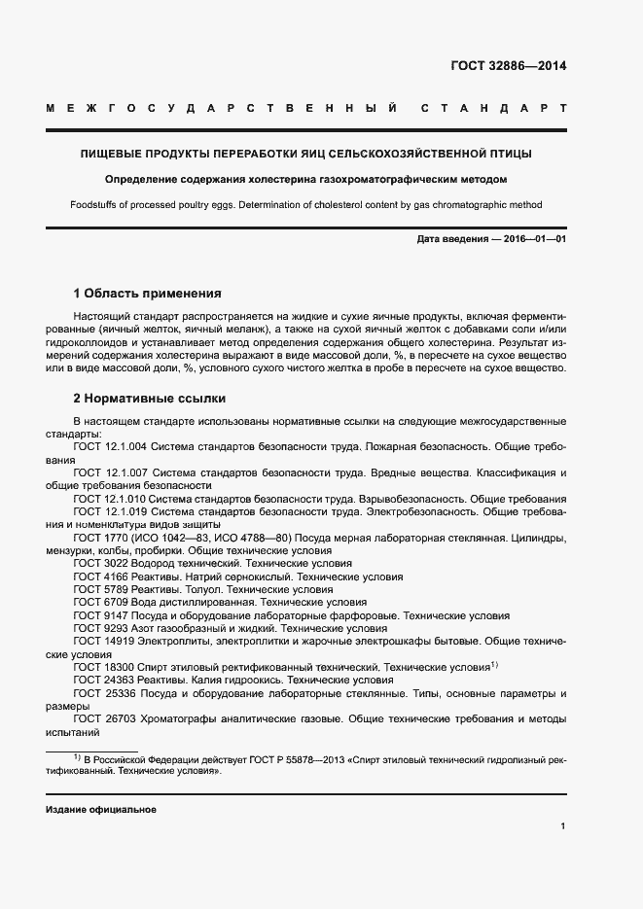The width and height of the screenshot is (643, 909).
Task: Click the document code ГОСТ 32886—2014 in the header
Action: (x=508, y=66)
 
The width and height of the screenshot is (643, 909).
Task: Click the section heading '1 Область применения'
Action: (x=147, y=293)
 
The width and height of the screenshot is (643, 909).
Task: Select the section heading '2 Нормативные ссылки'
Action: (x=149, y=399)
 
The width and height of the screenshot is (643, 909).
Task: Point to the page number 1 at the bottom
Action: (x=563, y=826)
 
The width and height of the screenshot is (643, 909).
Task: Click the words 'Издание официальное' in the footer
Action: (x=100, y=810)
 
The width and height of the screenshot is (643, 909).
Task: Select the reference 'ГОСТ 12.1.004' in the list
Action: (x=110, y=446)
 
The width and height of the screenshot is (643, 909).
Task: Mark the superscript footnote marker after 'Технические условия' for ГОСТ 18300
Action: (x=494, y=665)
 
